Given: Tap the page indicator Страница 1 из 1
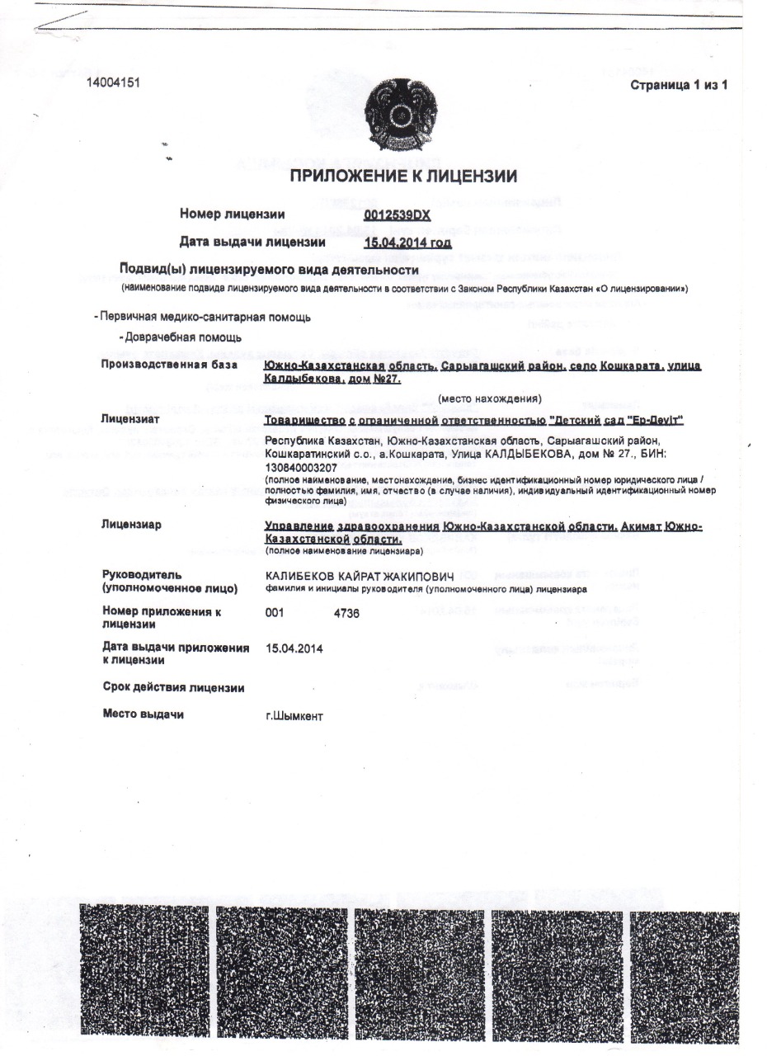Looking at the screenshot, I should [679, 86].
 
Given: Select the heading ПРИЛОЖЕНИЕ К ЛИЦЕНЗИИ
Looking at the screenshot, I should [403, 176].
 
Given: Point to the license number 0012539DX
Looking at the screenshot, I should [398, 214].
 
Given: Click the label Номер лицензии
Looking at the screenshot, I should [233, 214].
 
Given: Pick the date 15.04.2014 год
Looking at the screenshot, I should [407, 243].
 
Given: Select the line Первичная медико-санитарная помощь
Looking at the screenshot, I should [203, 317].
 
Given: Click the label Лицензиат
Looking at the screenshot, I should [130, 418].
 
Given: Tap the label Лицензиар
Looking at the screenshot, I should [131, 525].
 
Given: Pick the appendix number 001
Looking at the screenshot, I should [275, 615].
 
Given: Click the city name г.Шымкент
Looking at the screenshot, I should [294, 715].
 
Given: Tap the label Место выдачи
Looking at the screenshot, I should [143, 714].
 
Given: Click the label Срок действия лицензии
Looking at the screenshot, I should [173, 687].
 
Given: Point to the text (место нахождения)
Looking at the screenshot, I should [490, 399].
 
